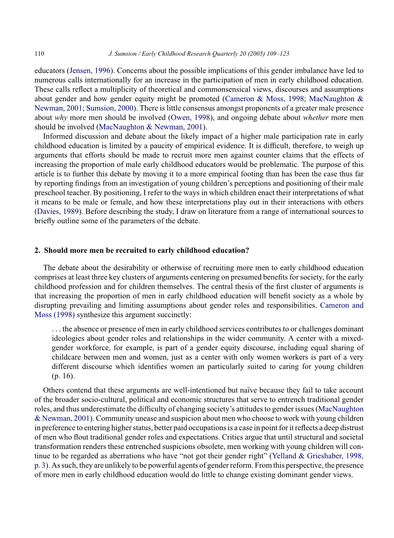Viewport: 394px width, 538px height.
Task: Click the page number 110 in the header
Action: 39,54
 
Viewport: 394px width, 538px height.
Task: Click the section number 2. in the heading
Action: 38,250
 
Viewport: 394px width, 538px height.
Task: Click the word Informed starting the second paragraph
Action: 57,137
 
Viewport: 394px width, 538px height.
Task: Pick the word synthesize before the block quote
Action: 94,315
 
